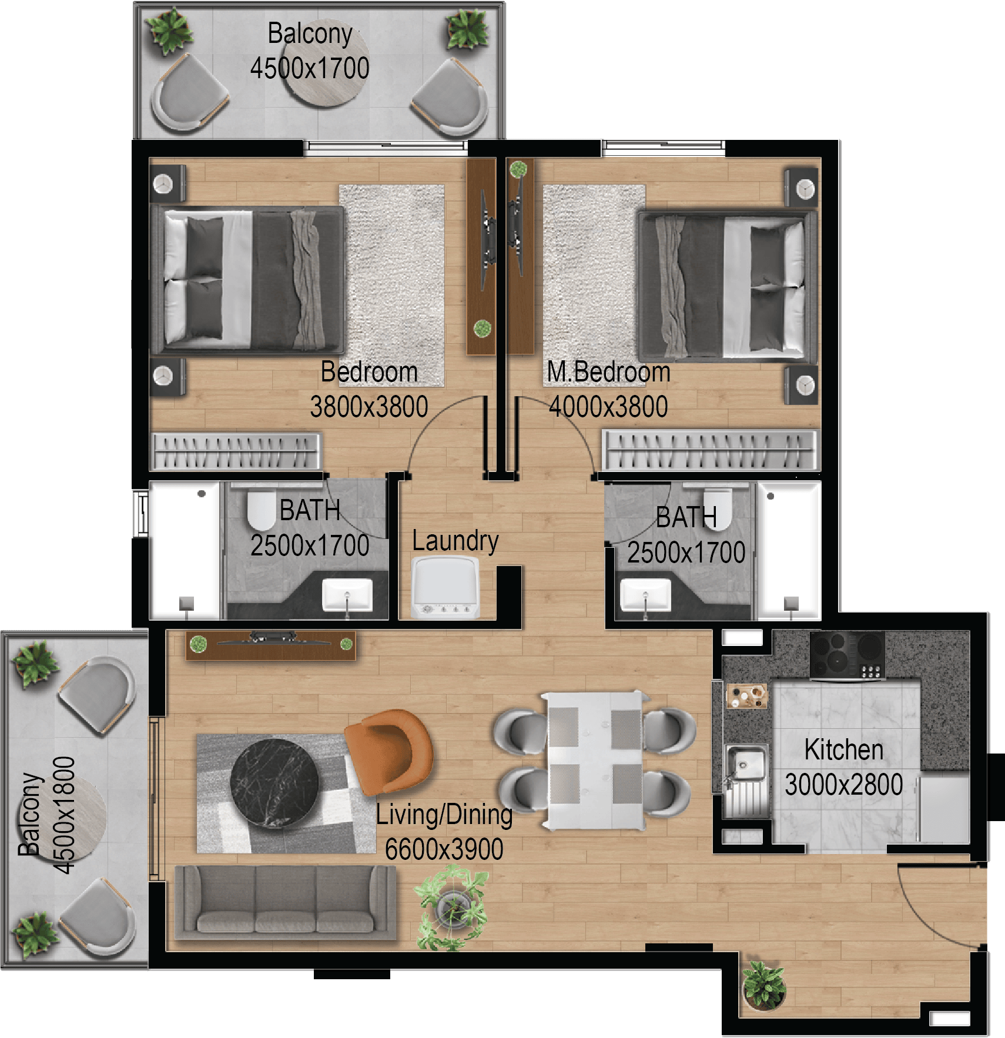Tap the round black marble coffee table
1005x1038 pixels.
click(275, 784)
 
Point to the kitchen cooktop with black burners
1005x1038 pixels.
click(847, 655)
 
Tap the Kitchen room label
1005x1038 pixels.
click(844, 749)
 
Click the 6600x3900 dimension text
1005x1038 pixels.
click(444, 849)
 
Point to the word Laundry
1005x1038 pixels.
click(455, 541)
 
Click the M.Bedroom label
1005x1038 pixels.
click(608, 371)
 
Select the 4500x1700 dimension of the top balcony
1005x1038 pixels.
click(310, 68)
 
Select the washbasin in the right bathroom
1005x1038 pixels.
click(645, 595)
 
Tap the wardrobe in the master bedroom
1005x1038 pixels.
click(710, 450)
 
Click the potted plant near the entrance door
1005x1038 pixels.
click(763, 986)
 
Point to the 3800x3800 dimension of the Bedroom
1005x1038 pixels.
click(369, 407)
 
